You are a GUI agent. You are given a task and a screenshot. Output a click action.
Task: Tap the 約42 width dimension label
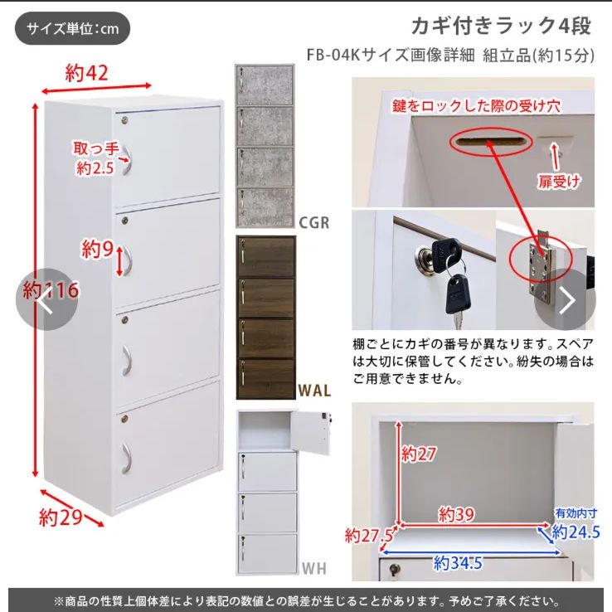pyautogui.click(x=87, y=73)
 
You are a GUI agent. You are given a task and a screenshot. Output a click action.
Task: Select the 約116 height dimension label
pyautogui.click(x=51, y=290)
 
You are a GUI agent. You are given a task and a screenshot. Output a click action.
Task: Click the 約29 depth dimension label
pyautogui.click(x=60, y=518)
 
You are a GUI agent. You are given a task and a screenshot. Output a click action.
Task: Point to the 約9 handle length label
pyautogui.click(x=97, y=248)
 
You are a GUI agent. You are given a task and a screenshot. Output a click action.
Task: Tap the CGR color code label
pyautogui.click(x=313, y=222)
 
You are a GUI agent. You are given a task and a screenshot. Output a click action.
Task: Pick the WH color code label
pyautogui.click(x=313, y=570)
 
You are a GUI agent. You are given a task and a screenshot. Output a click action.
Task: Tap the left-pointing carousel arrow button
pyautogui.click(x=46, y=300)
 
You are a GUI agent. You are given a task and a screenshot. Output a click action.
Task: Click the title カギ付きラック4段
pyautogui.click(x=501, y=26)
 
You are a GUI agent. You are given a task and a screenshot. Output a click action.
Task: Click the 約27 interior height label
pyautogui.click(x=420, y=454)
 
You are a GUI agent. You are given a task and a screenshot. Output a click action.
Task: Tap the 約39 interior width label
pyautogui.click(x=457, y=515)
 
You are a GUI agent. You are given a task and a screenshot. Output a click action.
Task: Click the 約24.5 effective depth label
pyautogui.click(x=576, y=532)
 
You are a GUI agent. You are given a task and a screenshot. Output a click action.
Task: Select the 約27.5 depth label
pyautogui.click(x=370, y=535)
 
